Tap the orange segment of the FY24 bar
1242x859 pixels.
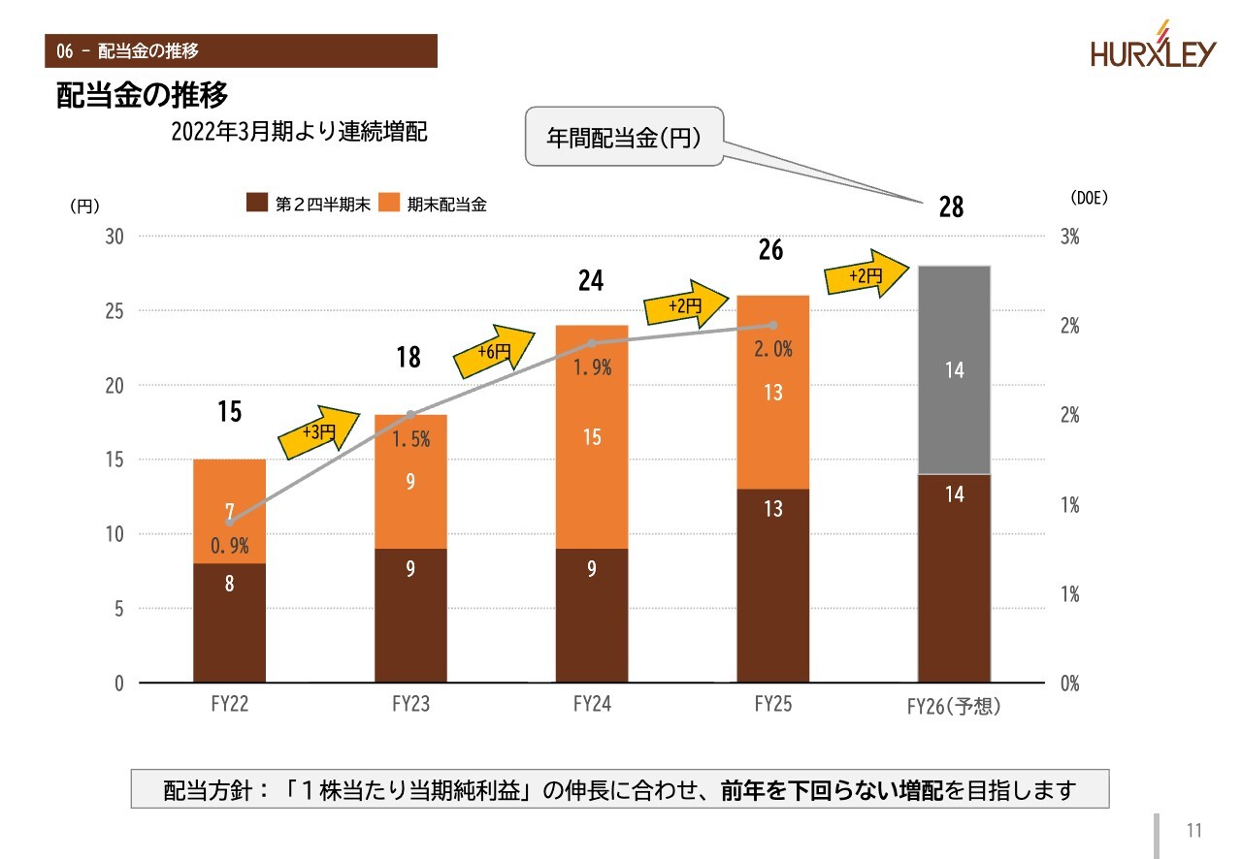coord(592,436)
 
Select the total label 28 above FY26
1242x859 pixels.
coord(951,207)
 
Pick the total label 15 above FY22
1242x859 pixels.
coord(229,412)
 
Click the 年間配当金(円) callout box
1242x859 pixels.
coord(624,137)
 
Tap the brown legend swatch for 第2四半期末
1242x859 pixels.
coord(257,204)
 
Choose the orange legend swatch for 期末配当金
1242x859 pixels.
coord(389,204)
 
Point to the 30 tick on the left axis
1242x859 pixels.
coord(115,237)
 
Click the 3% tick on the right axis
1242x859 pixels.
coord(1069,238)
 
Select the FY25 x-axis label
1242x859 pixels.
coord(772,704)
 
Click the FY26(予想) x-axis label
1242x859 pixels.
coord(953,707)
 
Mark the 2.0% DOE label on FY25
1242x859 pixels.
coord(773,350)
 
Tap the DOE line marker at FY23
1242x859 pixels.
coord(410,415)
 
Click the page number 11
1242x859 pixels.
coord(1193,831)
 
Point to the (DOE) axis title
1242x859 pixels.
coord(1088,197)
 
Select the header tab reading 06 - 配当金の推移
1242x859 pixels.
coord(241,50)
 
